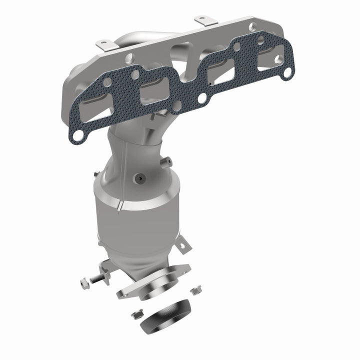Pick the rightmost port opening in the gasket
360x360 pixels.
pyautogui.click(x=267, y=56)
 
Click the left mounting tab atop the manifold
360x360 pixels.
pyautogui.click(x=104, y=44)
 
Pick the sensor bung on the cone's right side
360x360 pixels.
pyautogui.click(x=167, y=160)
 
